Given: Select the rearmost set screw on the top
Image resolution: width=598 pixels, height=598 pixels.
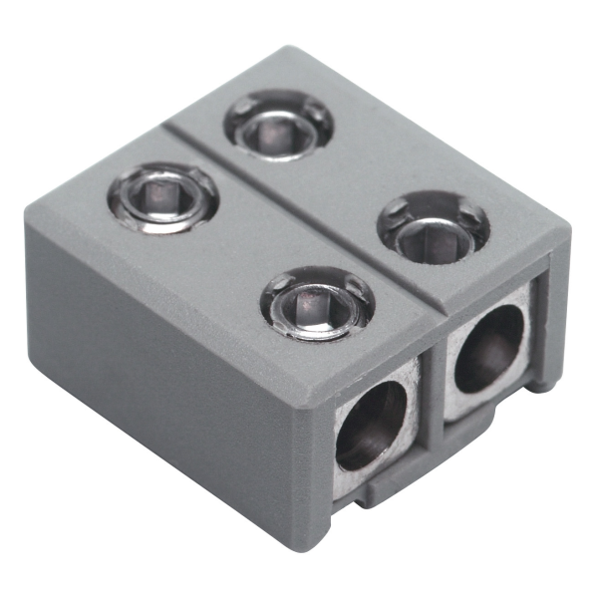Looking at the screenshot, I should (x=278, y=125).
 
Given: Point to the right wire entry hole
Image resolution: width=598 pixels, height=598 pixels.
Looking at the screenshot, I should (x=488, y=348).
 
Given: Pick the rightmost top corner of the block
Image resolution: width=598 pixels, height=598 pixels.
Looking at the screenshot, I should (x=569, y=229).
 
